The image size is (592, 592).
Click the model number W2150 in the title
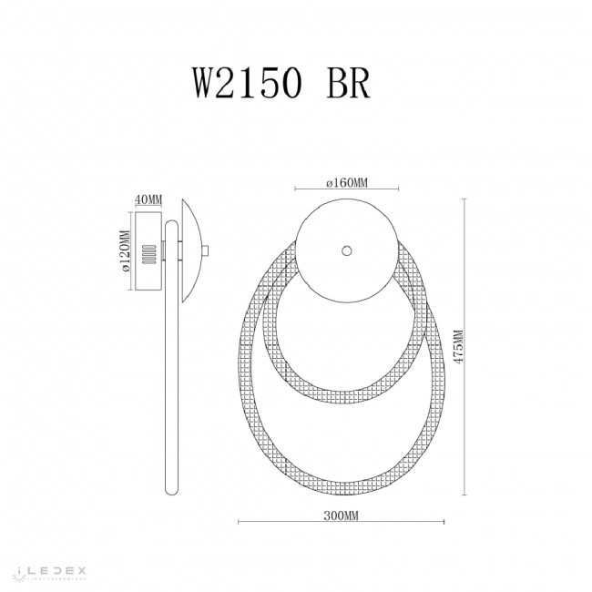[244, 84]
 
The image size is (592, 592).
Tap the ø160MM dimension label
[346, 183]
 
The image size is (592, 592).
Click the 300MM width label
[342, 516]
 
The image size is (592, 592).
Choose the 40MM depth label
[148, 199]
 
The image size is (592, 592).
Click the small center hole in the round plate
[346, 250]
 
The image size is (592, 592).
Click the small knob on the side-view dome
[206, 251]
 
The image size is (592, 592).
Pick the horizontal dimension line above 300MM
[342, 524]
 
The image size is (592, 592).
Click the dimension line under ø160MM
[346, 190]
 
